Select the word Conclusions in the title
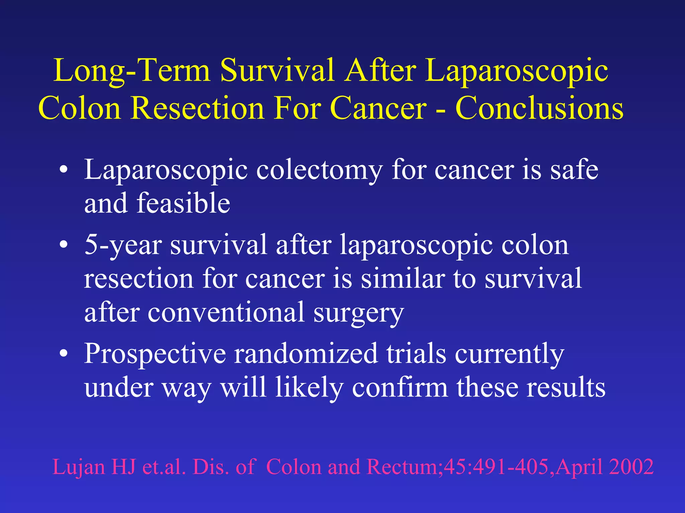539,109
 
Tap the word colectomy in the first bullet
319,170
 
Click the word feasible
183,203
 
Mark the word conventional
226,313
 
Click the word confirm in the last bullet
400,388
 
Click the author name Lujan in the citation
79,467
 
